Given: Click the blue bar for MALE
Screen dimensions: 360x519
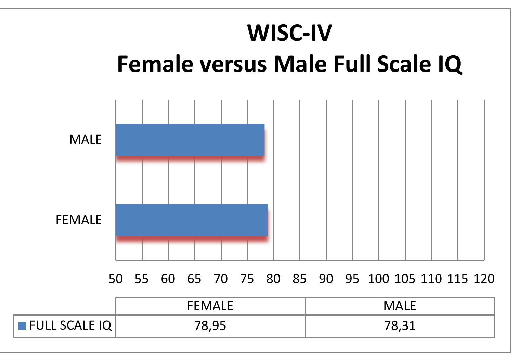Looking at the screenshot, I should coord(190,140).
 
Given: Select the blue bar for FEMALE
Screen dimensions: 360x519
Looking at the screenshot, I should coord(192,220).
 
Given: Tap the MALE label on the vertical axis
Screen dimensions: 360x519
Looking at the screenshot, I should coord(86,140).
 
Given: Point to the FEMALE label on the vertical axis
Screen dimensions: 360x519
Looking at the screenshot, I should coord(79,220).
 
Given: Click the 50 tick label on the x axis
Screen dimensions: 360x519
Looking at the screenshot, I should coord(116,279).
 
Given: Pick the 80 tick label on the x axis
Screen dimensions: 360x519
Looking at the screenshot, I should coord(273,279).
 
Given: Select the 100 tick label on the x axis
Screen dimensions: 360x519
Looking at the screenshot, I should coord(378,279).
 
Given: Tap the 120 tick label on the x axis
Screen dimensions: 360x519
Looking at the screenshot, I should coord(484,279).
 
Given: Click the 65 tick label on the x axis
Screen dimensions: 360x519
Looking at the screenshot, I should coord(194,279).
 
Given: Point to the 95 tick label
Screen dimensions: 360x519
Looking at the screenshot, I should coord(352,279).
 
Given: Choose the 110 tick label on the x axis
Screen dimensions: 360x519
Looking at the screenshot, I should coord(431,279).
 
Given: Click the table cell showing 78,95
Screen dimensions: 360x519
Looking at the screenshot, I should coord(210,325).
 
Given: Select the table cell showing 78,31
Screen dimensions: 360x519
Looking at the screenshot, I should coord(400,325).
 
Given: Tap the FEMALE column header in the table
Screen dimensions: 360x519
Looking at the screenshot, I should coord(210,306).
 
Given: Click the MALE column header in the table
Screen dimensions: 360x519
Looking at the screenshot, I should coord(400,306).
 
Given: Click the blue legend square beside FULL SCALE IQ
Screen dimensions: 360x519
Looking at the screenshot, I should coord(22,325).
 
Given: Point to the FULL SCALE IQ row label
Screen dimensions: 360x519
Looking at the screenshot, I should coord(70,325).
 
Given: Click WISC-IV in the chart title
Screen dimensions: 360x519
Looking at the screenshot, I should coord(289,33).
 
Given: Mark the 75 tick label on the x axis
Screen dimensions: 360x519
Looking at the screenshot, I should coord(247,279).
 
